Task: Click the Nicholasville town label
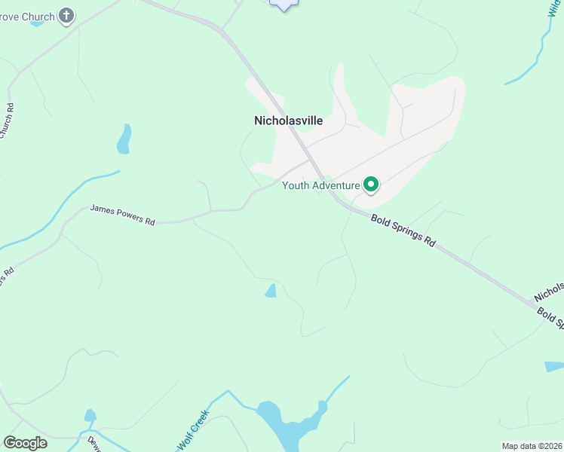(288, 121)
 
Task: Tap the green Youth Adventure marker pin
(371, 185)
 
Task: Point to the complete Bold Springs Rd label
(403, 231)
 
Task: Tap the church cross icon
(66, 15)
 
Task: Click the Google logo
(25, 443)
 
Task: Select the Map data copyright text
(532, 446)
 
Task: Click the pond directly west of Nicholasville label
(124, 139)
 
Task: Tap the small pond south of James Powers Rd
(271, 291)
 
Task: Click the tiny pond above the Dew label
(90, 415)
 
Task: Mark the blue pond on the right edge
(553, 367)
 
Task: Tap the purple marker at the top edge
(284, 4)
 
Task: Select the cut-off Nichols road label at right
(549, 290)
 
